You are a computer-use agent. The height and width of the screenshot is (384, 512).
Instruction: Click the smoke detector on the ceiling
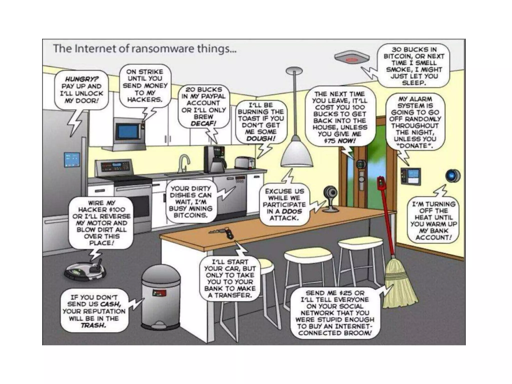pyautogui.click(x=352, y=58)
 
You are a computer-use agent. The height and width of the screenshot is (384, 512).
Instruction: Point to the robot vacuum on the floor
pyautogui.click(x=85, y=271)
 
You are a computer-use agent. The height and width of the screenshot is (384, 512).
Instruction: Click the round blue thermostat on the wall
pyautogui.click(x=453, y=175)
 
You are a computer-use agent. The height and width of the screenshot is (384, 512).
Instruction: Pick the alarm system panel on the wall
pyautogui.click(x=411, y=176)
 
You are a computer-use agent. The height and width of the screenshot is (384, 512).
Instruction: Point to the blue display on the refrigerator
pyautogui.click(x=72, y=159)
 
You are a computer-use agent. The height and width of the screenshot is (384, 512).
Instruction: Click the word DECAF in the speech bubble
pyautogui.click(x=203, y=123)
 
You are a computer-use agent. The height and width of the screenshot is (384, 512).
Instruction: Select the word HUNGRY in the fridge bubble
pyautogui.click(x=81, y=79)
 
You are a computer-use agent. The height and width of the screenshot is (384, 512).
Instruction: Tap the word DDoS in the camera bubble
pyautogui.click(x=292, y=211)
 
